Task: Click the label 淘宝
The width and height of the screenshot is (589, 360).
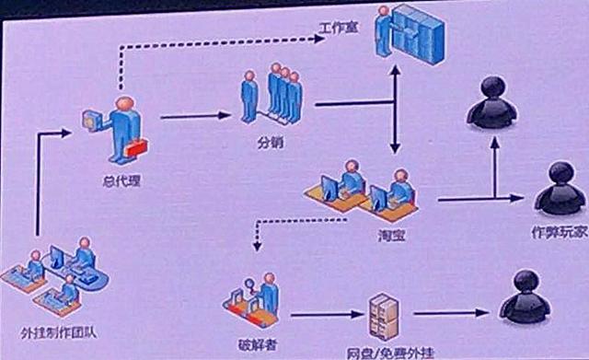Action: coord(392,237)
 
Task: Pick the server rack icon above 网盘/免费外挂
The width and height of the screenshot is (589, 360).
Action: coord(383,317)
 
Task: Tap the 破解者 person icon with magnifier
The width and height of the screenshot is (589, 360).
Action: coord(255,300)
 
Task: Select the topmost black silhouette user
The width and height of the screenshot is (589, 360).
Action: coord(491,102)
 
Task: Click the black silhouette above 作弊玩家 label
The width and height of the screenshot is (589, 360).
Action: coord(560,188)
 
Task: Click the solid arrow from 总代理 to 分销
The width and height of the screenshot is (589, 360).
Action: coord(195,116)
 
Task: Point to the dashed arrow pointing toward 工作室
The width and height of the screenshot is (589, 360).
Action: coord(221,40)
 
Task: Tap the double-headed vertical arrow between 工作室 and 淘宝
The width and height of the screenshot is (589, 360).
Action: coord(396,110)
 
